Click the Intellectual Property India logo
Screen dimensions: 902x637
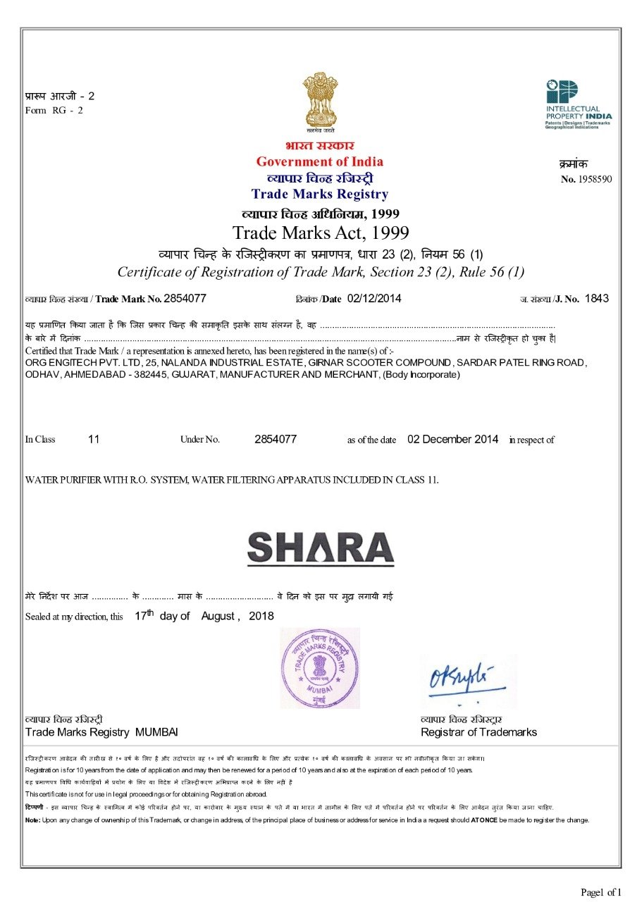[578, 103]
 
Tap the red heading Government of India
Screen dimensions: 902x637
[319, 161]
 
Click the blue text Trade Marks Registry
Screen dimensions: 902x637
[319, 194]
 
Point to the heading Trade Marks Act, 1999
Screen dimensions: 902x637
[320, 233]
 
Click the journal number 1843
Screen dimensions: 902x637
[596, 298]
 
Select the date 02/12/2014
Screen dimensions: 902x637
[374, 298]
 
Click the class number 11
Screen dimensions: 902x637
[94, 439]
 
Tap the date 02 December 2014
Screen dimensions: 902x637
[452, 439]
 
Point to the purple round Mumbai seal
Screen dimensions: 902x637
[319, 667]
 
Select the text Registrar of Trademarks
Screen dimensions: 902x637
[478, 732]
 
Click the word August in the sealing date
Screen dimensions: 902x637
[218, 616]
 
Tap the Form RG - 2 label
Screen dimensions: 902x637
[54, 110]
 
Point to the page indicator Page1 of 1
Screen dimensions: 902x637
[600, 892]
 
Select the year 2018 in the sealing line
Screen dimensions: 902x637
[261, 616]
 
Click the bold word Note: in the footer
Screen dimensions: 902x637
[32, 820]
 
